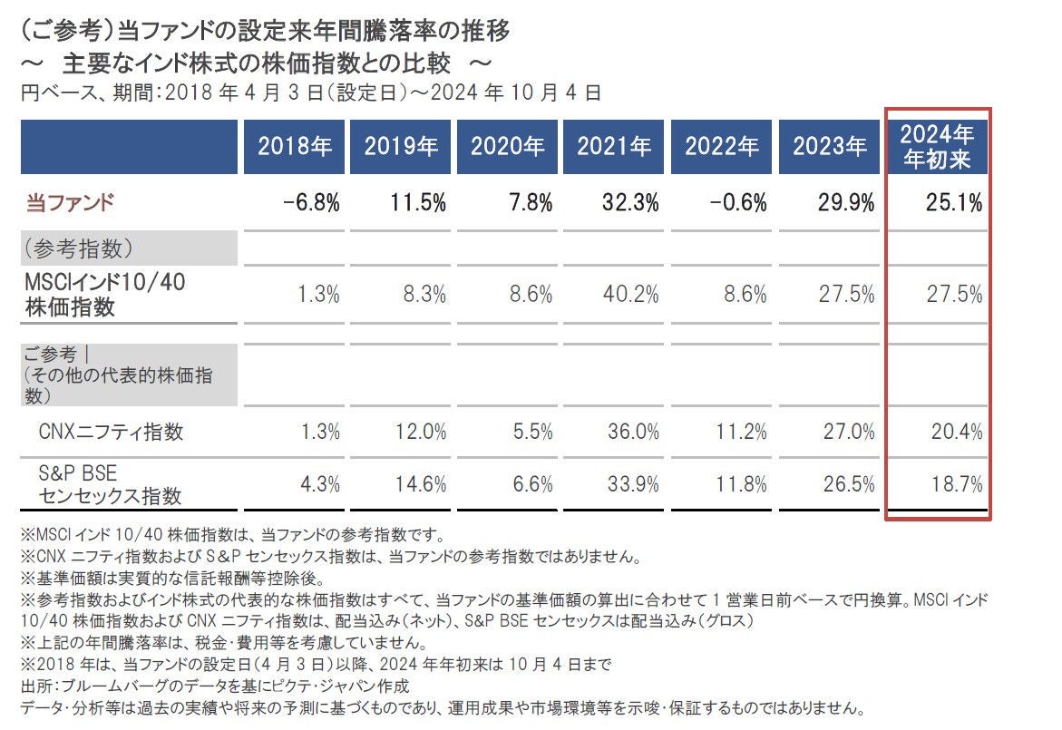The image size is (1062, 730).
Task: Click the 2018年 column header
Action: pos(296,146)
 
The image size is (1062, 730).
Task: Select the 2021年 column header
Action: pos(615,146)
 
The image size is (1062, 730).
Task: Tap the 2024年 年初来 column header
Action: pos(937,147)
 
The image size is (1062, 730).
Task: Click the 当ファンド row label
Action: pos(69,203)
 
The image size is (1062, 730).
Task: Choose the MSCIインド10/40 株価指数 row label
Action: pos(105,295)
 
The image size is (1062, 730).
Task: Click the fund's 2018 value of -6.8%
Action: pos(311,203)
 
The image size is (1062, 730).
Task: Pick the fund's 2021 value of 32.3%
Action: pos(630,203)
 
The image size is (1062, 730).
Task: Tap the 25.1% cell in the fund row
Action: pos(954,203)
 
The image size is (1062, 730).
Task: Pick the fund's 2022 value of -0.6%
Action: pos(738,203)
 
